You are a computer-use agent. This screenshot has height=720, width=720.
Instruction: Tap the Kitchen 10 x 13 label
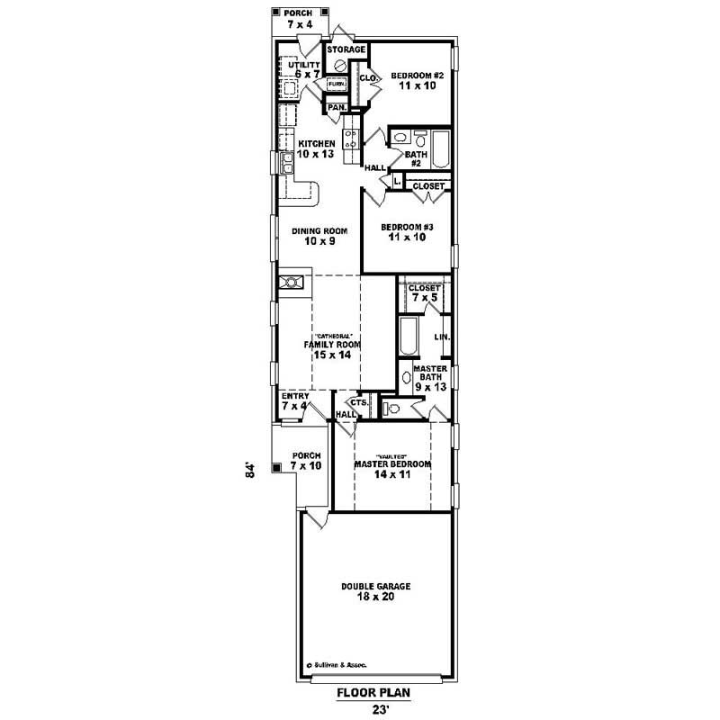point(317,148)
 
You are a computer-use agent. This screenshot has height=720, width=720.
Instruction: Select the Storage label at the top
point(346,49)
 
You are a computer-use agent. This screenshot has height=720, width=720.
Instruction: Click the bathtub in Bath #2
point(441,149)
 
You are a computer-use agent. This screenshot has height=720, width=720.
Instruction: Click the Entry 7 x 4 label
point(295,400)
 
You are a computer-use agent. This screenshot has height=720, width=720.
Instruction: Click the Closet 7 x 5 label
point(424,292)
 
